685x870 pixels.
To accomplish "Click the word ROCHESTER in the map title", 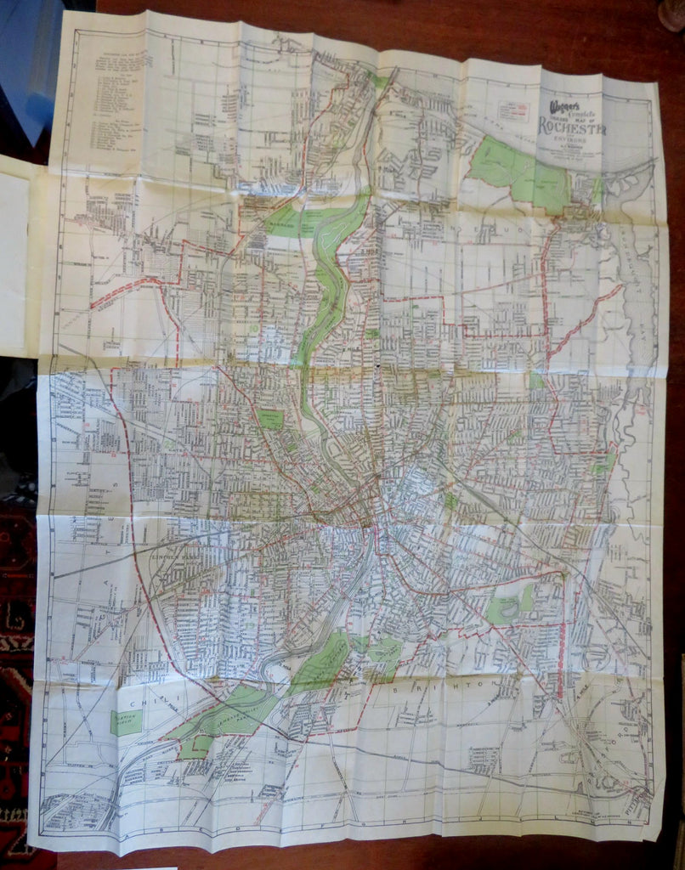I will coord(570,127).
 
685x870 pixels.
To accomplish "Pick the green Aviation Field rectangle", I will coord(127,722).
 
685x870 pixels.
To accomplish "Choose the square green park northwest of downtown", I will coord(269,419).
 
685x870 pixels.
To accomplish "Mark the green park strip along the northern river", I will coord(327,272).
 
